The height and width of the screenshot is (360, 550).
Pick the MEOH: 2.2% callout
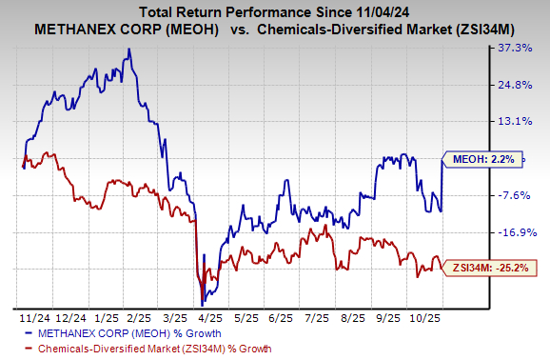481,160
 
